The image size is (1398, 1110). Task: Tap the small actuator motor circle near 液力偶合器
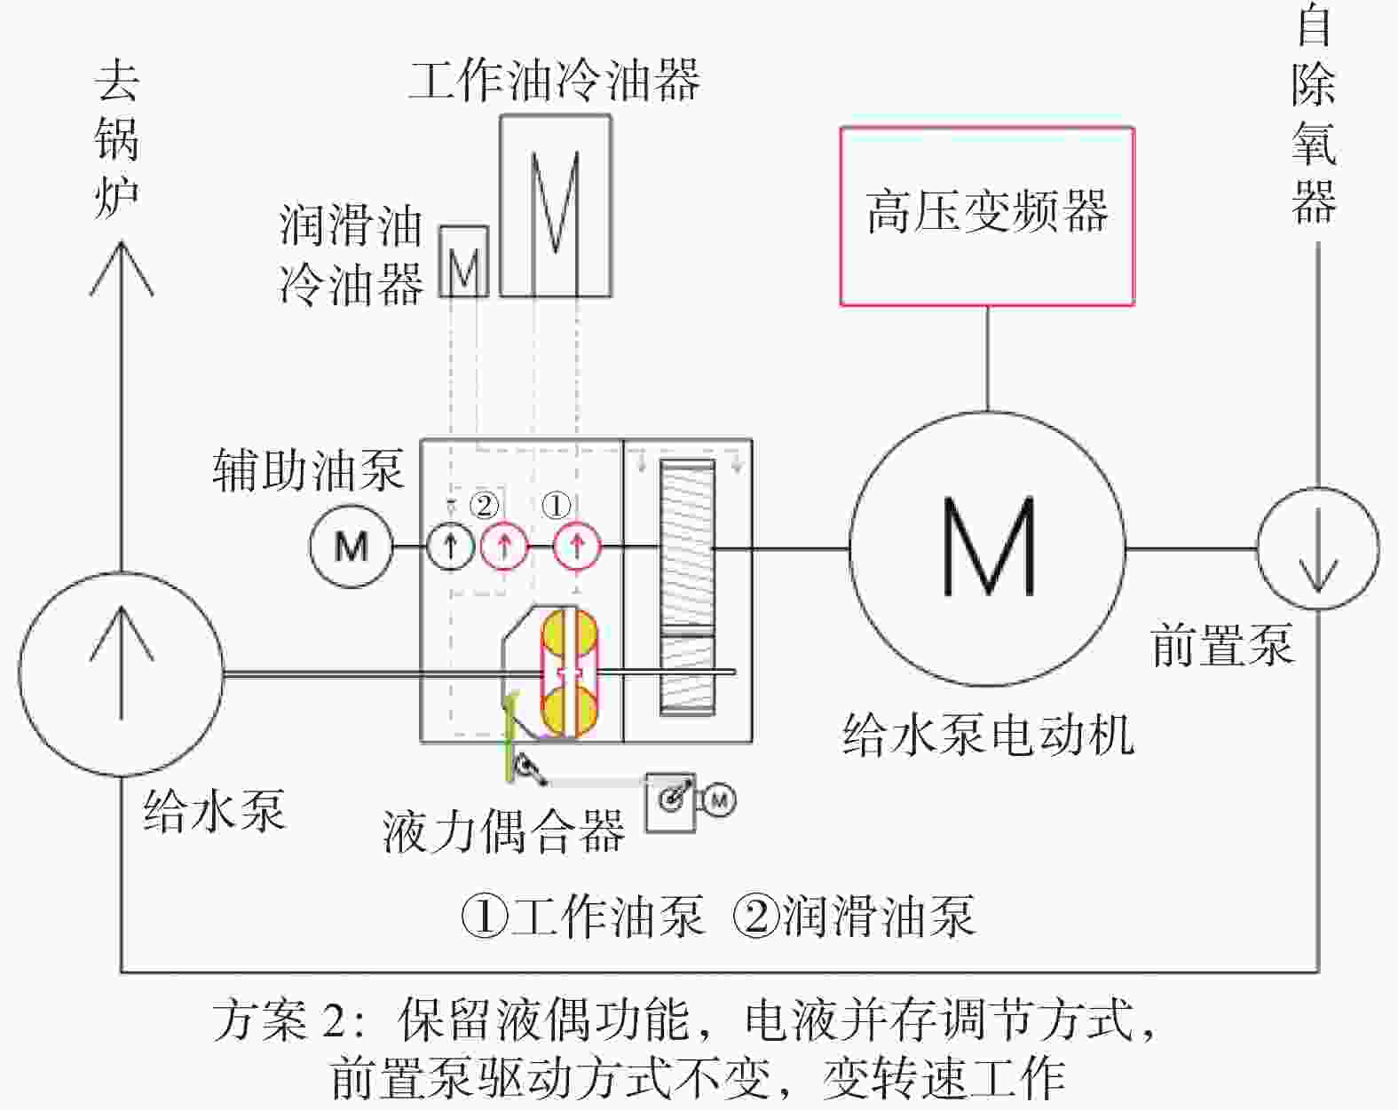[x=718, y=800]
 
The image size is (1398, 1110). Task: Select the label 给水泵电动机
[x=988, y=736]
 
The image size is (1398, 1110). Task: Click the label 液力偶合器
[x=504, y=831]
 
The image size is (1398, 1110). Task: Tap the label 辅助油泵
[x=309, y=470]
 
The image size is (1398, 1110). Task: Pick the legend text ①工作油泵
[x=582, y=917]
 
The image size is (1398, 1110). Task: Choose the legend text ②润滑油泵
[x=854, y=917]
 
